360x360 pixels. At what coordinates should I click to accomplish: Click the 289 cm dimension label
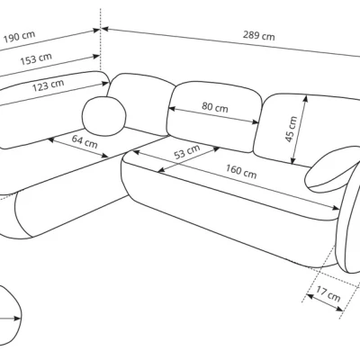[x=258, y=36]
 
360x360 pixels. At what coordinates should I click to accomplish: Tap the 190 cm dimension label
[x=19, y=37]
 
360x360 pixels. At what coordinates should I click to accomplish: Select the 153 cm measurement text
[x=36, y=58]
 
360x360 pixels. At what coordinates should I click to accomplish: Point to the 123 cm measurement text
[x=49, y=85]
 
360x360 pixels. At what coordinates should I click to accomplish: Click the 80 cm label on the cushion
[x=215, y=107]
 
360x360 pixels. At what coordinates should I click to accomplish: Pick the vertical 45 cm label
[x=291, y=129]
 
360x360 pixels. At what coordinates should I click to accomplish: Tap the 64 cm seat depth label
[x=85, y=141]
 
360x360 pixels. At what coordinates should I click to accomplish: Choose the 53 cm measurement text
[x=187, y=152]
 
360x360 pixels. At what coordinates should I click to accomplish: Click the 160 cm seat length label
[x=241, y=172]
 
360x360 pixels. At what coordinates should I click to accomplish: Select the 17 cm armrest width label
[x=328, y=294]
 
